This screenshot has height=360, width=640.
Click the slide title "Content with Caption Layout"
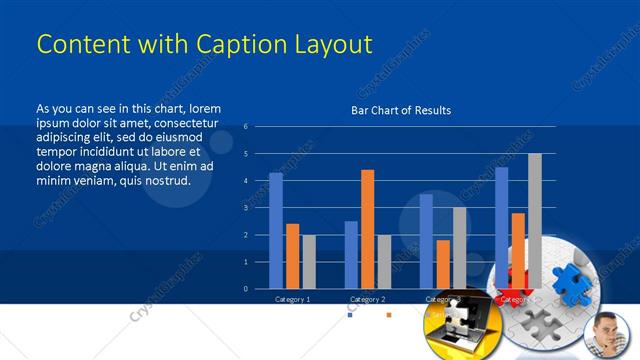point(204,45)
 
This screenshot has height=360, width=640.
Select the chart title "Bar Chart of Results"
point(400,110)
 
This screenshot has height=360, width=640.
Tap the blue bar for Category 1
point(276,230)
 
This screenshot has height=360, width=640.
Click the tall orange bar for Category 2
point(367,229)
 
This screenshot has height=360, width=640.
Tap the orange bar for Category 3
point(443,264)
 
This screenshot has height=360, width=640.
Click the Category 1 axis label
point(292,299)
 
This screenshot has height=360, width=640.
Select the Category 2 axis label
point(367,299)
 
